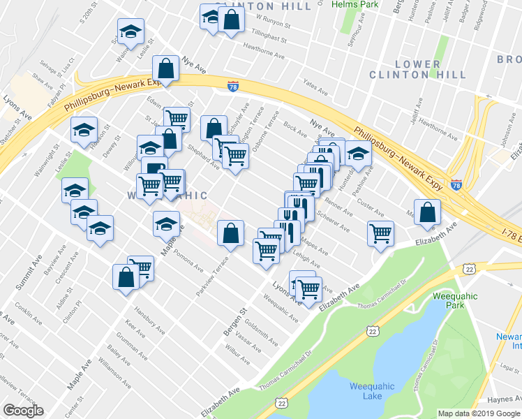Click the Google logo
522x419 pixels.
point(23,411)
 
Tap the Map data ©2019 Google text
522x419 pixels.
point(479,413)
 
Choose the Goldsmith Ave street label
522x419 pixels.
point(262,332)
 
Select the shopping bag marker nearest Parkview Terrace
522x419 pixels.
point(230,233)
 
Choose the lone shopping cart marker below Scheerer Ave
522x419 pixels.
point(380,233)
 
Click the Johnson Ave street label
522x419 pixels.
point(503,136)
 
